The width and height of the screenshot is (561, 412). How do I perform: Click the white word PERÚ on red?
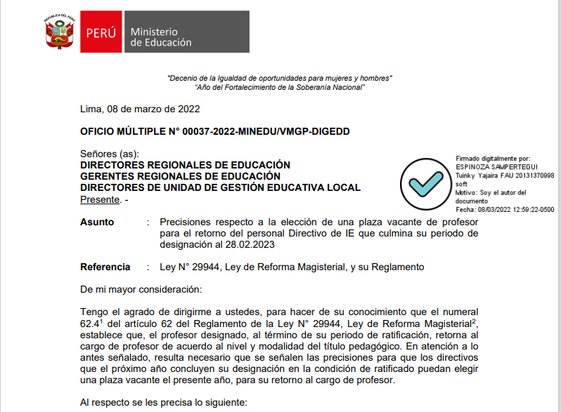click(x=101, y=32)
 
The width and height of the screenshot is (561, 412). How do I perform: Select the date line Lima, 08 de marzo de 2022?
click(x=140, y=109)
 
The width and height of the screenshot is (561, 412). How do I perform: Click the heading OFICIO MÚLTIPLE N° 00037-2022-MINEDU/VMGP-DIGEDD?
click(x=214, y=131)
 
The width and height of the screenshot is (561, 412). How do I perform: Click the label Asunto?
click(x=97, y=222)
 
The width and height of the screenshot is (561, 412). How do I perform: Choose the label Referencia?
click(x=105, y=267)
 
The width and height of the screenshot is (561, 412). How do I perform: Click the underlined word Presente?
click(x=100, y=199)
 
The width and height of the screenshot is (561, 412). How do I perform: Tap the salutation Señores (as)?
click(x=110, y=154)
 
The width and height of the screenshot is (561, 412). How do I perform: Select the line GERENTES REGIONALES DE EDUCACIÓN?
click(x=180, y=176)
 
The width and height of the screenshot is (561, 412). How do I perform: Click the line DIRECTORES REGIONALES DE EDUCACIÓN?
click(x=185, y=165)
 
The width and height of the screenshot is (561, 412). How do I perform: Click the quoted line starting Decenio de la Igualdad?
click(x=280, y=77)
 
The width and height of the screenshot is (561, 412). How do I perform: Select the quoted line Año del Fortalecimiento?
click(x=280, y=87)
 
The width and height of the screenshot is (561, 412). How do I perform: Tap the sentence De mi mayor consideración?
click(x=141, y=289)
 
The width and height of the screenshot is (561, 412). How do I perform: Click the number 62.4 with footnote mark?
click(x=91, y=324)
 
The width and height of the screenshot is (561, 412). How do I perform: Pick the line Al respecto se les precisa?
click(x=163, y=403)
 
